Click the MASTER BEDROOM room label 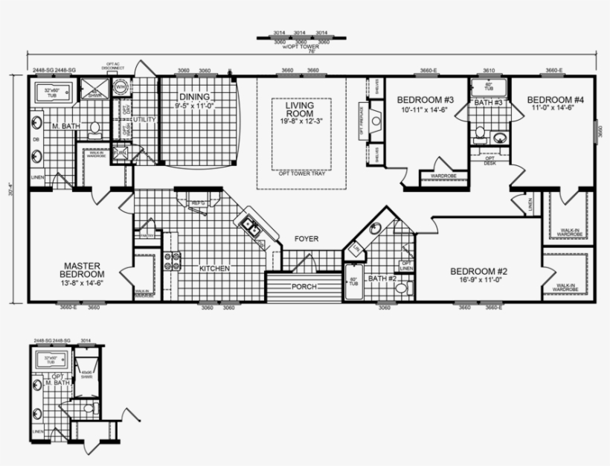82,270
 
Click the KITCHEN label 214,268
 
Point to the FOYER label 306,239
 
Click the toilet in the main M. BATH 94,130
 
